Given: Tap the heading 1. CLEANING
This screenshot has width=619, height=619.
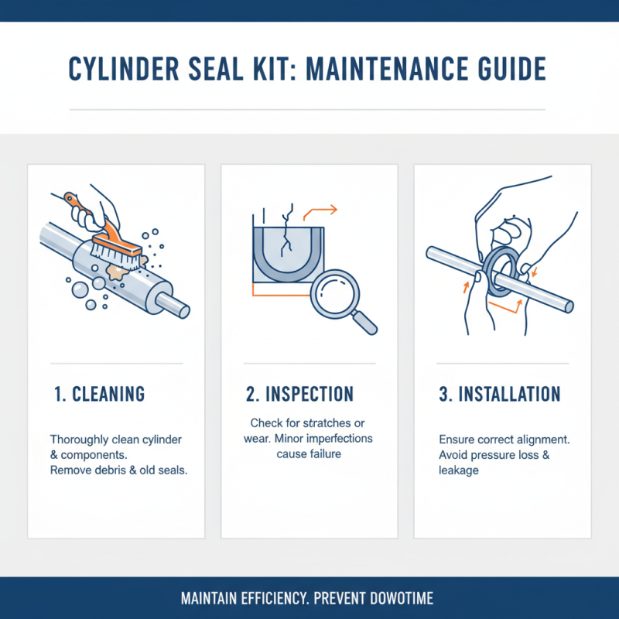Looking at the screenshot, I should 100,393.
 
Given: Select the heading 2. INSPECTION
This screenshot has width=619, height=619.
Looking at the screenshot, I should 299,393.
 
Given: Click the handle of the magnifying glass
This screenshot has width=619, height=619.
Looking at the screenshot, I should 365,323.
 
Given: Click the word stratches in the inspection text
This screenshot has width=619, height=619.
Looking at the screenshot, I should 327,423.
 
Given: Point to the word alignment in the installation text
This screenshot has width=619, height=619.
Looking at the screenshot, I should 542,439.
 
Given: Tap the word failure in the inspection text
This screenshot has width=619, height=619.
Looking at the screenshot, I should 326,454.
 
